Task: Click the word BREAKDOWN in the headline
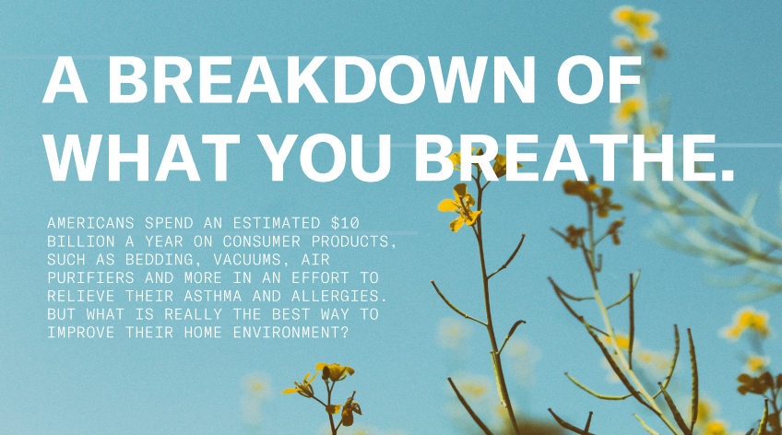point(321,79)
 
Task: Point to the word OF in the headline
point(599,79)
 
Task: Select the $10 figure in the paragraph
point(345,223)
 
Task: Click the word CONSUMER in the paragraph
point(262,241)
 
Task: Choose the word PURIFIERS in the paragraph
point(90,277)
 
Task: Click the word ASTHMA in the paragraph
point(213,296)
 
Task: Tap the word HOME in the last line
point(203,333)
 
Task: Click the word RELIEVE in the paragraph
point(81,296)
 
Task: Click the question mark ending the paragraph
point(344,333)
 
